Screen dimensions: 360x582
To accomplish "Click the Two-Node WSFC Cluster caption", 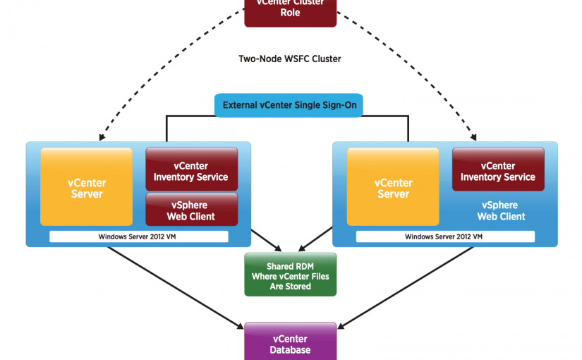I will point(290,59).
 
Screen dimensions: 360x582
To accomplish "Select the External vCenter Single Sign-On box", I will point(290,105).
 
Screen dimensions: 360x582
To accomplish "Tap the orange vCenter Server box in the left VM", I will point(87,188).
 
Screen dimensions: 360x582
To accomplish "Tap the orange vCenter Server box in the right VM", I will point(393,188).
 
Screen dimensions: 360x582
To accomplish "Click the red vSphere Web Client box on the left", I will point(191,210).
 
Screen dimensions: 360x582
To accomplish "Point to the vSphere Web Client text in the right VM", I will point(501,210).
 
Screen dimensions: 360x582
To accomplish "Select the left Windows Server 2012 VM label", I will point(138,236).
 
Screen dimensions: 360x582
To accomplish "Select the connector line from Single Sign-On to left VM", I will point(166,127).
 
